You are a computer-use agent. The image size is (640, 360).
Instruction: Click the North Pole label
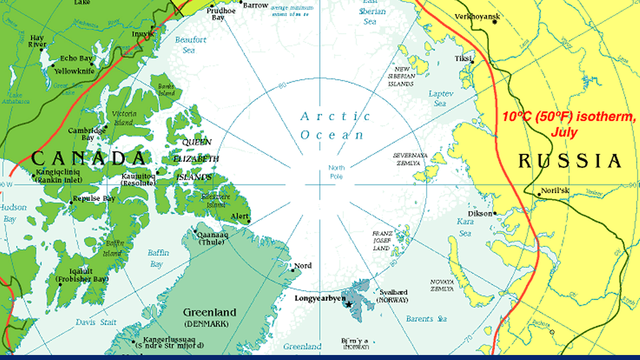336,172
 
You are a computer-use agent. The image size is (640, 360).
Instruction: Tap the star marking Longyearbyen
348,304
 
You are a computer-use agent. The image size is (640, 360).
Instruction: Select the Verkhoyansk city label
477,17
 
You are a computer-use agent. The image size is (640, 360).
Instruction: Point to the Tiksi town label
462,59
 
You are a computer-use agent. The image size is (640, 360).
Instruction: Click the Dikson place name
480,213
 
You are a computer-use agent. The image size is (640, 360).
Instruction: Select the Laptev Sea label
440,98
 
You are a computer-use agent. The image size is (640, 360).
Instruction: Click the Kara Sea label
465,227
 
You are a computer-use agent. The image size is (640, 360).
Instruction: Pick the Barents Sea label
426,318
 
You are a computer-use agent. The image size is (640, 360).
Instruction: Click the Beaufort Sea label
190,44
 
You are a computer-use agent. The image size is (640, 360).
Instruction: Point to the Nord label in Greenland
303,265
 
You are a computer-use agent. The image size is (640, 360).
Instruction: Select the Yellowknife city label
74,71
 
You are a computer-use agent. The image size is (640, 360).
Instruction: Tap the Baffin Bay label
158,258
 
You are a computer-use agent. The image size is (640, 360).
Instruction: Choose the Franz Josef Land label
381,240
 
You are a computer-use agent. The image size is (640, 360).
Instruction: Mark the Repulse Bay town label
93,198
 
